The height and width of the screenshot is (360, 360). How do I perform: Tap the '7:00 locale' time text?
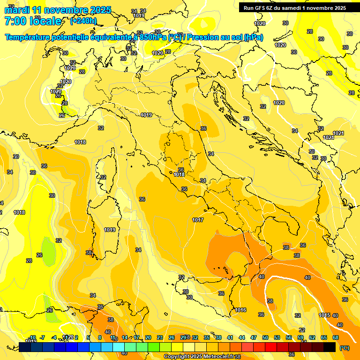tap(32, 21)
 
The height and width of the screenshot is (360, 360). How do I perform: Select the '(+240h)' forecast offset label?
tap(83, 21)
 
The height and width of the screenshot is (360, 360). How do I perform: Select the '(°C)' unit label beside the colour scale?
tap(344, 348)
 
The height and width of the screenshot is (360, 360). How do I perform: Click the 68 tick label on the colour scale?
tap(336, 337)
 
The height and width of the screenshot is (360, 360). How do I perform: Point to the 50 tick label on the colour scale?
tap(265, 337)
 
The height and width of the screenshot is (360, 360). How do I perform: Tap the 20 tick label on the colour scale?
tap(148, 337)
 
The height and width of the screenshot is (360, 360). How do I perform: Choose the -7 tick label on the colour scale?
tap(42, 337)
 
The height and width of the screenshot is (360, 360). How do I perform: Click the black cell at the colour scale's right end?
tap(330, 347)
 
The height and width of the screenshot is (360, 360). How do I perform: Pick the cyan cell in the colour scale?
tap(119, 347)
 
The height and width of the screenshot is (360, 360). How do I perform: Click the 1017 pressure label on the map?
tap(198, 220)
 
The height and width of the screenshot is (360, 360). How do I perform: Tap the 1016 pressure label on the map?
tap(241, 310)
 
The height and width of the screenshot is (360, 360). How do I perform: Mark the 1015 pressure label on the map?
tap(324, 315)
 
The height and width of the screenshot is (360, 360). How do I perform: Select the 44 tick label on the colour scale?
tap(242, 337)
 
